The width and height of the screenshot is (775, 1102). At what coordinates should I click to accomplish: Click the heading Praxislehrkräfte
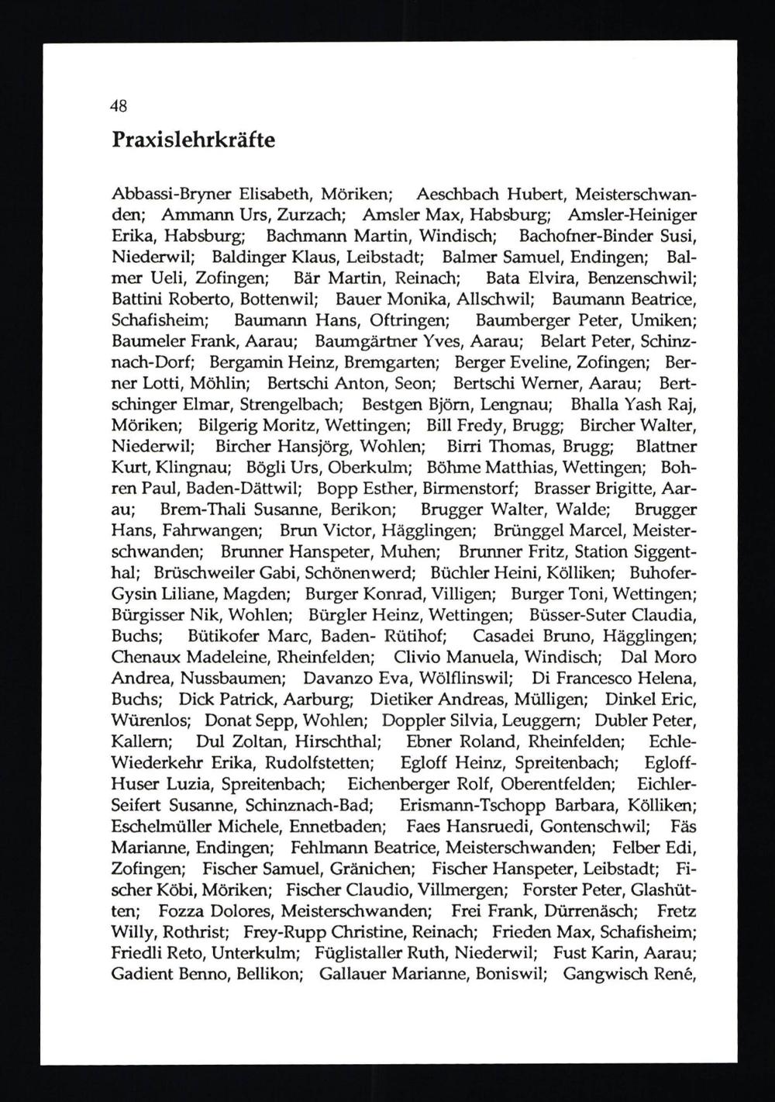coord(193,140)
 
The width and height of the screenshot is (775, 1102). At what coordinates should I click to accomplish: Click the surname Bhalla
coord(594,404)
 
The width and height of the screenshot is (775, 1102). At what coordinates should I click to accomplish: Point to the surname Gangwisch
coord(608,972)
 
